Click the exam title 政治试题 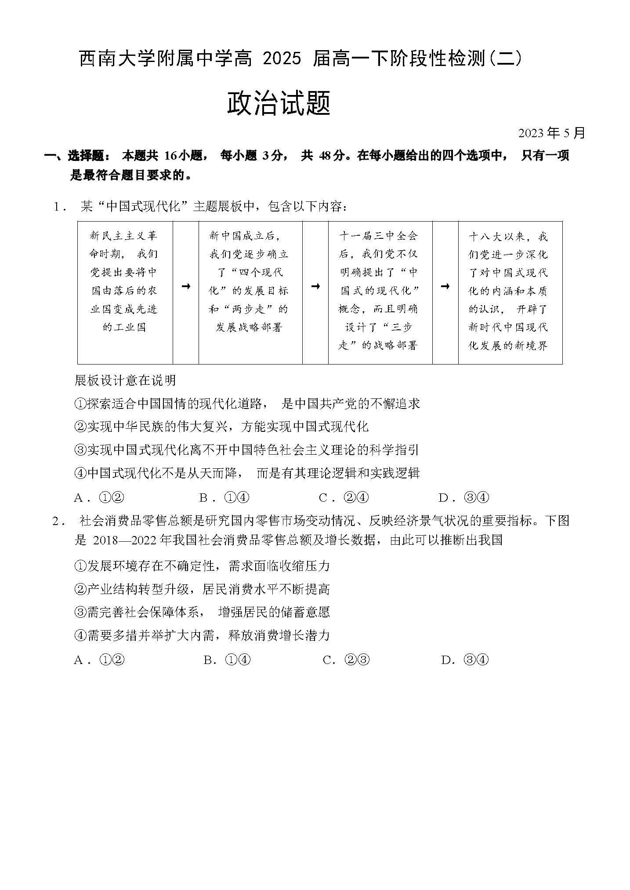point(279,104)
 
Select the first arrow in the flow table point(186,287)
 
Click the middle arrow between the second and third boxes point(315,287)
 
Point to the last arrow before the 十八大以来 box point(445,287)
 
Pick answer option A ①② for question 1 point(100,498)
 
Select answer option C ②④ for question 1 point(344,498)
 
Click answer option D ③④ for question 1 point(464,498)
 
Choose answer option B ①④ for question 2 point(227,660)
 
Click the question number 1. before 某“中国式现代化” point(59,207)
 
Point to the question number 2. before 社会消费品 point(59,522)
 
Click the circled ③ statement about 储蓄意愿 point(202,612)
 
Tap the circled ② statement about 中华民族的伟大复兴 point(221,427)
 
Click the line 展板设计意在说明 point(126,380)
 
